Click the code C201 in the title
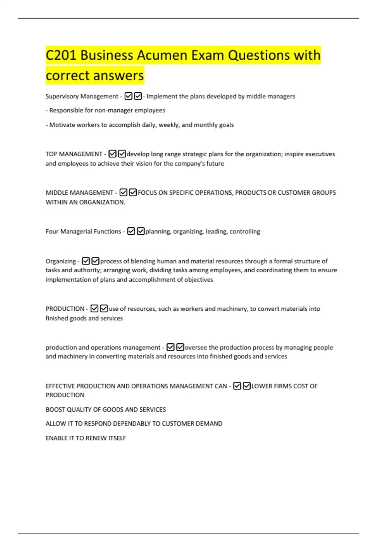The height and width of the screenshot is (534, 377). tap(61, 56)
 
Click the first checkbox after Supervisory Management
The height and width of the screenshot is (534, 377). tap(128, 96)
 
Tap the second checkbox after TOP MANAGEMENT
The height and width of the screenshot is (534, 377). tap(122, 154)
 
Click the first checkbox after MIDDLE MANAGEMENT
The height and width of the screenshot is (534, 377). tap(123, 193)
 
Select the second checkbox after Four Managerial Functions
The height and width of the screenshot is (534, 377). tap(141, 231)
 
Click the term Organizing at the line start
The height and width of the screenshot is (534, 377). tap(61, 261)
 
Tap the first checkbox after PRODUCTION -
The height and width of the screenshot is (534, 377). tap(94, 308)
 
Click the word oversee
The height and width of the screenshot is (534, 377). tap(196, 347)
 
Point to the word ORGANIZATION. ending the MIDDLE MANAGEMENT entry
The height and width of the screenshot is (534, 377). tap(102, 202)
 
